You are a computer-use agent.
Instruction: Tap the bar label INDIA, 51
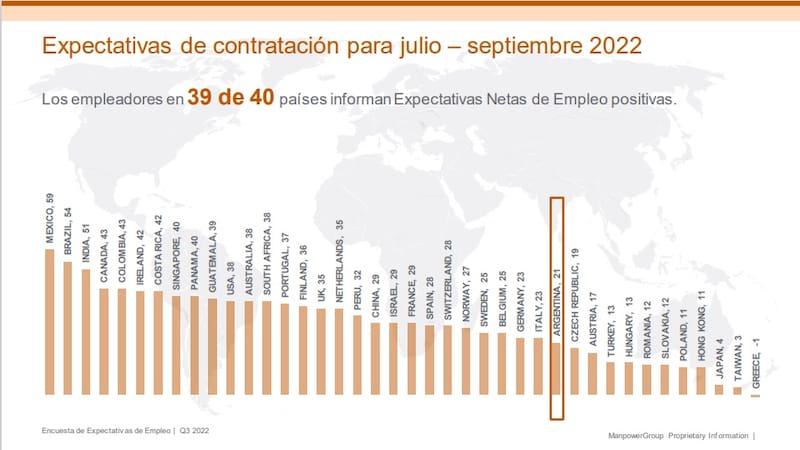pyautogui.click(x=85, y=239)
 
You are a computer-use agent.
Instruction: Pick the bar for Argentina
pyautogui.click(x=557, y=371)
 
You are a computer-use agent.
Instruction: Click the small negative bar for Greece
pyautogui.click(x=755, y=395)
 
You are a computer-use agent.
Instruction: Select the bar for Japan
pyautogui.click(x=719, y=389)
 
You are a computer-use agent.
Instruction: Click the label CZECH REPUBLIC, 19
pyautogui.click(x=574, y=301)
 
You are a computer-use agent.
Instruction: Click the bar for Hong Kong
pyautogui.click(x=701, y=381)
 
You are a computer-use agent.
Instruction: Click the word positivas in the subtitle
pyautogui.click(x=646, y=101)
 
